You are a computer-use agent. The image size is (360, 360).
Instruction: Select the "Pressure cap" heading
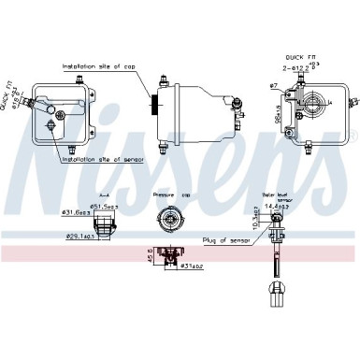(169, 194)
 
